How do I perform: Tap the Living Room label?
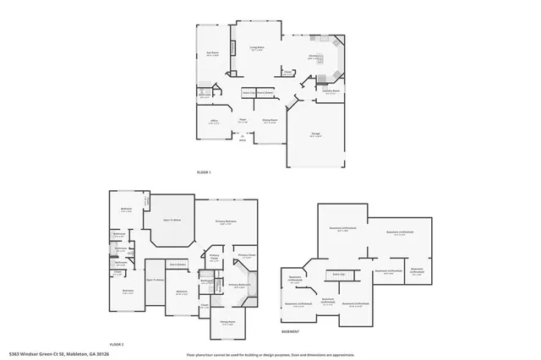(257, 48)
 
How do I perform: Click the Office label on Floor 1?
(215, 123)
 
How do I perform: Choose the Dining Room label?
(270, 123)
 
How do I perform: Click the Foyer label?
(242, 123)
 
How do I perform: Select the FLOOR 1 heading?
(203, 172)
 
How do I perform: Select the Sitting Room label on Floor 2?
(227, 323)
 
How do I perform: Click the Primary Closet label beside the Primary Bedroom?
(246, 256)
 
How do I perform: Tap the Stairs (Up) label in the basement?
(337, 275)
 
